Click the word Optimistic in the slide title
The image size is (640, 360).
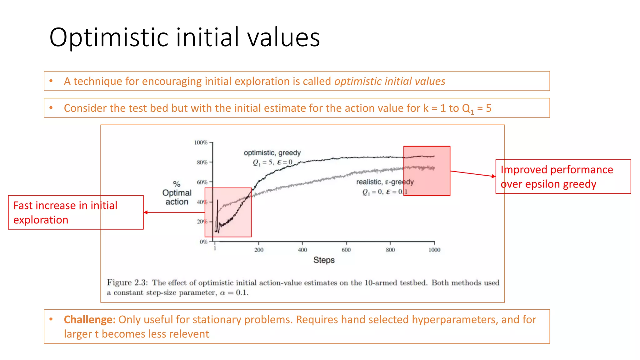(x=109, y=37)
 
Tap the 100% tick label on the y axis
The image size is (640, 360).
(x=201, y=142)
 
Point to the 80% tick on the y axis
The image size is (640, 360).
(x=202, y=162)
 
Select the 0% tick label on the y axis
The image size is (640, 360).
(x=203, y=242)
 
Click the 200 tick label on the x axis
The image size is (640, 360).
(x=259, y=250)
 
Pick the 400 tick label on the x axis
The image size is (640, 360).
(x=302, y=250)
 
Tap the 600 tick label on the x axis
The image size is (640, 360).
(x=346, y=250)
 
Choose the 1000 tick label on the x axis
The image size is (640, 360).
(x=434, y=250)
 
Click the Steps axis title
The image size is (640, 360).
(x=324, y=260)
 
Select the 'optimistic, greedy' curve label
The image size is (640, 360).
(x=272, y=153)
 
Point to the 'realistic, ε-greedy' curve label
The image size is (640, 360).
(x=385, y=182)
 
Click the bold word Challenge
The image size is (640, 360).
(x=90, y=320)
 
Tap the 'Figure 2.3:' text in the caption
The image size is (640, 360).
(x=127, y=282)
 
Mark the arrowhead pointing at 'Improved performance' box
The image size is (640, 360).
(x=494, y=176)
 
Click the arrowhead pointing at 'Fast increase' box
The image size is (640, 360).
(x=146, y=212)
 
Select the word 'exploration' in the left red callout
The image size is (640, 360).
(x=41, y=220)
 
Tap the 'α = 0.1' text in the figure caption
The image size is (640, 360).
(x=234, y=293)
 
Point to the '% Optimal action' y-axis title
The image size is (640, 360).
(x=177, y=193)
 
